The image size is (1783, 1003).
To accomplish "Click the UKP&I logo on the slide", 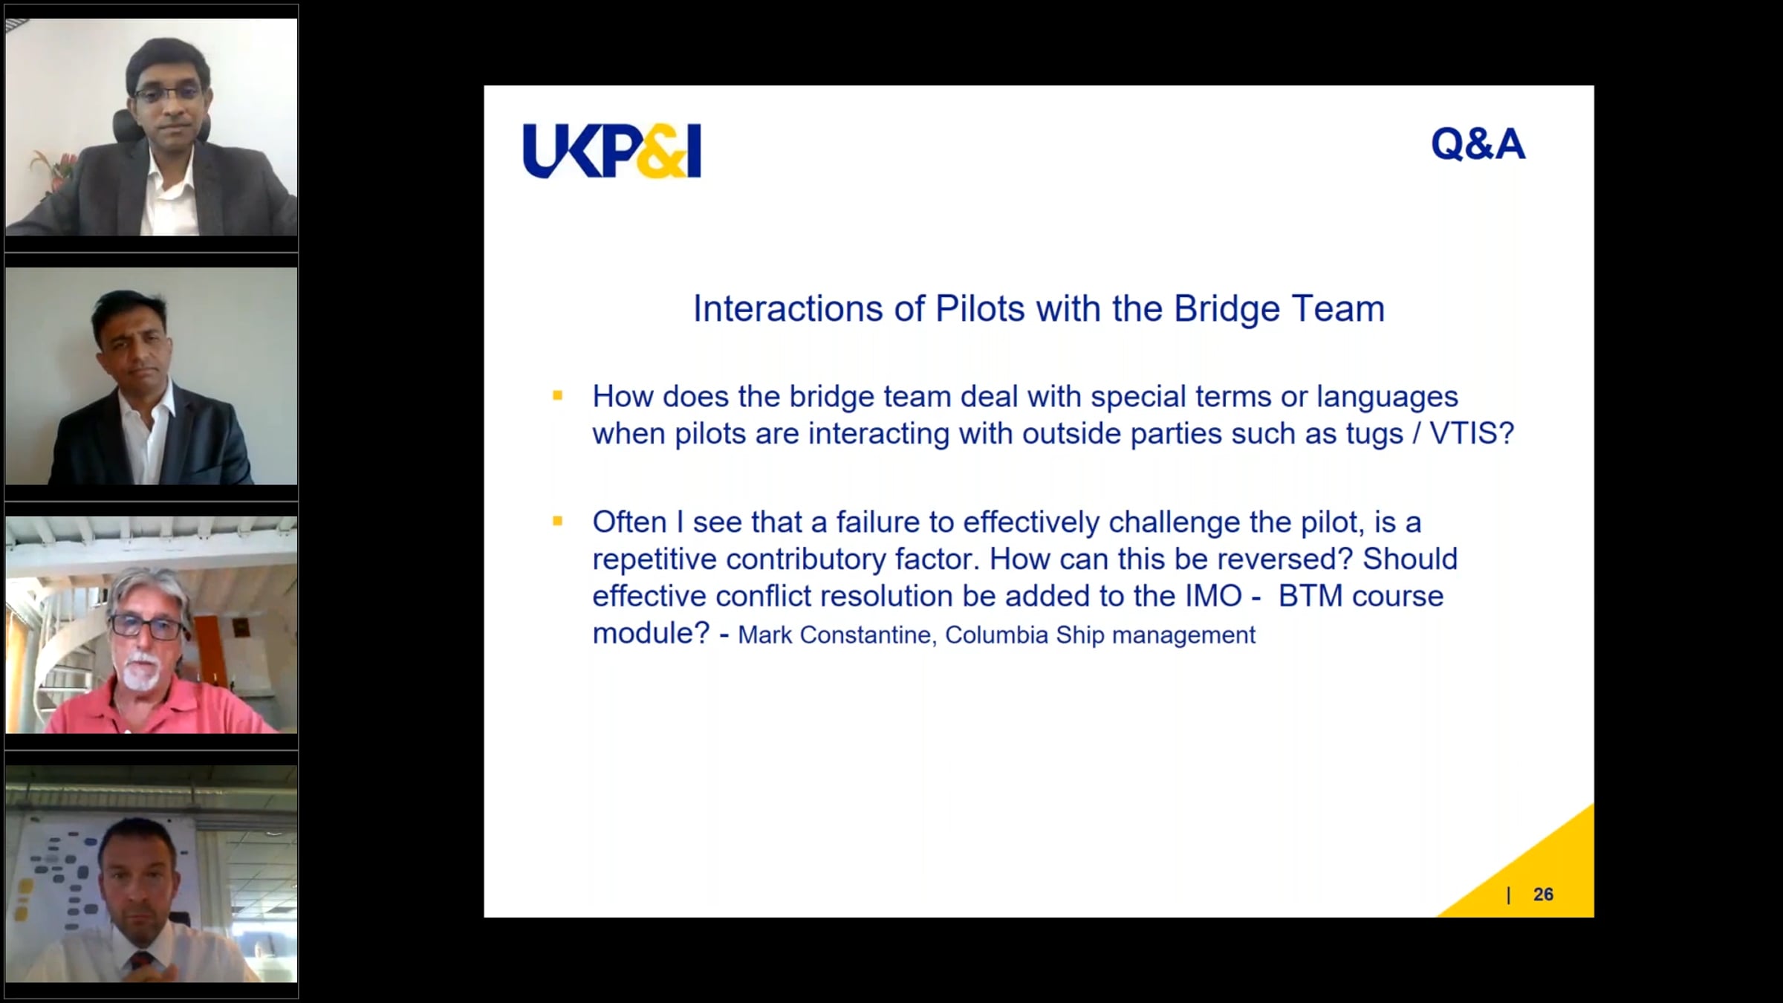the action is [x=611, y=151].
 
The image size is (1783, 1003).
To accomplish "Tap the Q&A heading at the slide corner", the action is [x=1478, y=144].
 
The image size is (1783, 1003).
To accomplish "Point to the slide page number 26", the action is [x=1543, y=895].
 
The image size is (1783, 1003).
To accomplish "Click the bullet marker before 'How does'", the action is [x=558, y=396].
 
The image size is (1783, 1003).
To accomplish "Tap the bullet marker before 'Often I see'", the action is [x=558, y=522].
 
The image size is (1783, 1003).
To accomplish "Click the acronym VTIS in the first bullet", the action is [x=1472, y=433].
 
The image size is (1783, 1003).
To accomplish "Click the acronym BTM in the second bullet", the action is [x=1310, y=596].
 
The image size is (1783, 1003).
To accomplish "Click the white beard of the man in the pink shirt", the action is [x=138, y=671].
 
